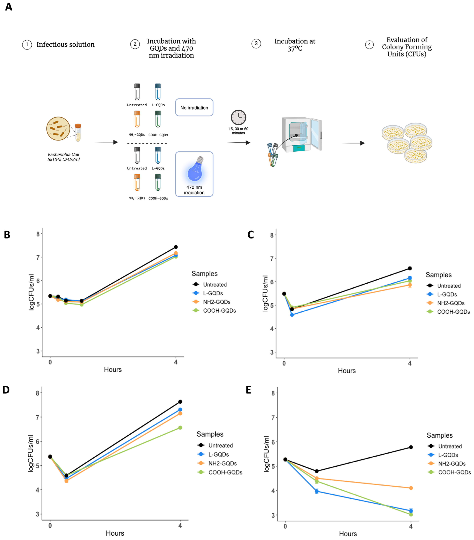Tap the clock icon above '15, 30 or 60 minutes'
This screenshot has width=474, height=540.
(238, 117)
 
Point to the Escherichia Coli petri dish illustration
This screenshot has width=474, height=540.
(58, 129)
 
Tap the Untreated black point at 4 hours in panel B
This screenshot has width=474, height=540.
(176, 247)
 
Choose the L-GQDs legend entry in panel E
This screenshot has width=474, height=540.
(448, 455)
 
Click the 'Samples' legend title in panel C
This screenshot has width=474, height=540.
(439, 275)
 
